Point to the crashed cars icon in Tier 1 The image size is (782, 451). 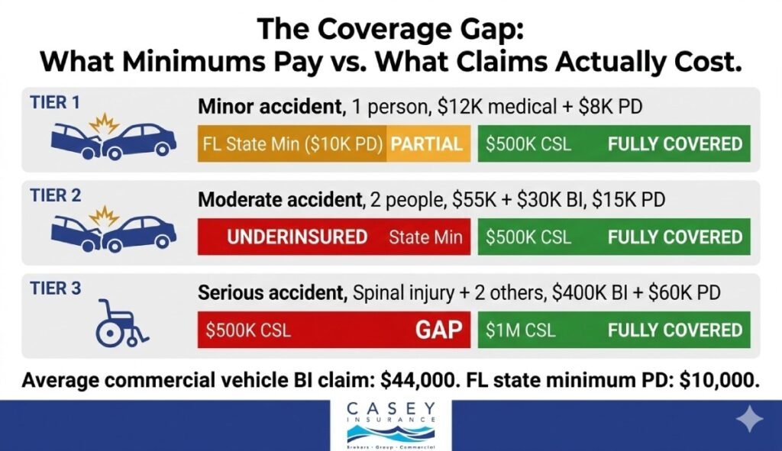point(113,137)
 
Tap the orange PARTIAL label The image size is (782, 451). point(427,143)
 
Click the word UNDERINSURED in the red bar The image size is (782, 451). point(297,237)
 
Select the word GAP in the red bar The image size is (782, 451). point(438,330)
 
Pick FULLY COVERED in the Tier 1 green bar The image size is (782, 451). point(674,143)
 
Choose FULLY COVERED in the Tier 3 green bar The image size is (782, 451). point(674,330)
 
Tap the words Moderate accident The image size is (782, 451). point(279,201)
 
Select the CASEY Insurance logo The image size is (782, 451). point(390,424)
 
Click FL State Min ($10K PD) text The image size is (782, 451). point(292,143)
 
